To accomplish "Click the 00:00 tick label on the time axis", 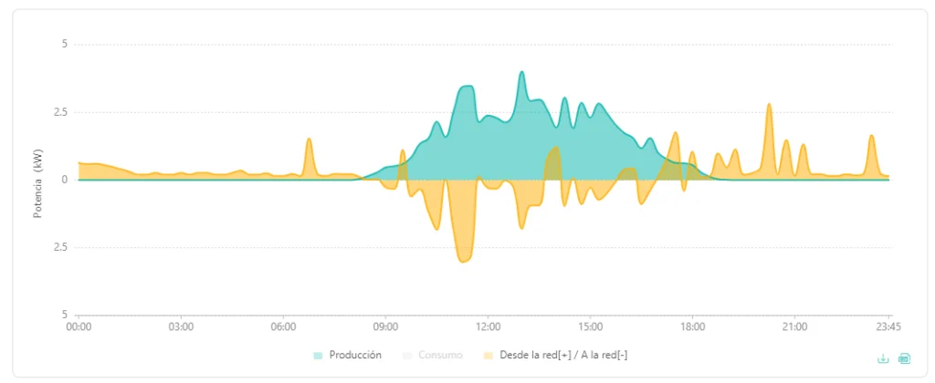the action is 79,327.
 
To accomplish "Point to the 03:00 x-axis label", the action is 181,327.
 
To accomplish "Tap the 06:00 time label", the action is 283,327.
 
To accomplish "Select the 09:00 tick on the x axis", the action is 385,327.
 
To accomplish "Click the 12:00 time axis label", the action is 488,327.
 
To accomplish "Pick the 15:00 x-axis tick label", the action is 591,327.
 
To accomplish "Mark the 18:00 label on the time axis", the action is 692,327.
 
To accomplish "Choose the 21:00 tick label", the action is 795,327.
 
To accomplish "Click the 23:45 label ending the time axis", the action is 888,327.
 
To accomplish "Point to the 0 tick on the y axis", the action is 66,180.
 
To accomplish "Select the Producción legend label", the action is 355,355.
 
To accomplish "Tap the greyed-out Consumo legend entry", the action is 440,356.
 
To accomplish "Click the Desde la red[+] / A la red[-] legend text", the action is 563,356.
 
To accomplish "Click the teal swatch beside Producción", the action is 319,356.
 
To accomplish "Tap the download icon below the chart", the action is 883,358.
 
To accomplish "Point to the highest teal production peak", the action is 521,72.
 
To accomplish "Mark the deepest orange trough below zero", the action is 463,261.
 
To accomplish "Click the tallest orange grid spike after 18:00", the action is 769,105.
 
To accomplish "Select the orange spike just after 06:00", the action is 309,140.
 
